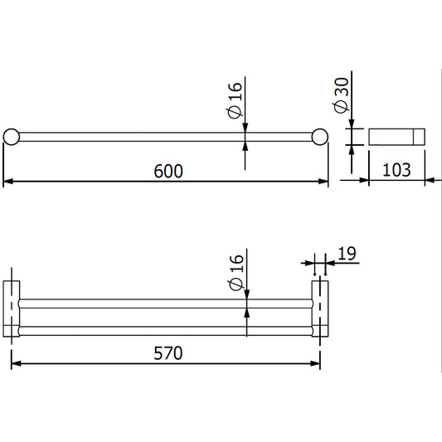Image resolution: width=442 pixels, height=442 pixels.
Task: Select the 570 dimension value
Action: click(167, 352)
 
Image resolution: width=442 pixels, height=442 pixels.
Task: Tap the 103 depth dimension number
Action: click(397, 170)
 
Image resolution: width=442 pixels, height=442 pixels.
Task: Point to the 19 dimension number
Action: click(347, 254)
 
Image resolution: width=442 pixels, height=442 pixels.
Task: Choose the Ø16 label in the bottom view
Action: click(236, 273)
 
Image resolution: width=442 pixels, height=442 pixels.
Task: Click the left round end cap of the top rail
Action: click(12, 137)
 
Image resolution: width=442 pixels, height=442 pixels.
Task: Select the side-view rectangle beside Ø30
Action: click(396, 137)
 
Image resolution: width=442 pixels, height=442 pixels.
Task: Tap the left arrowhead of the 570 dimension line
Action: click(14, 363)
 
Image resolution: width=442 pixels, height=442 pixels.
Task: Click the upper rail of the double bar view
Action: click(166, 303)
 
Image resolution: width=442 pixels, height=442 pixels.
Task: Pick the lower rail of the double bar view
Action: click(166, 330)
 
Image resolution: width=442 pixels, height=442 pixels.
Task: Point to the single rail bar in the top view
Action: click(166, 137)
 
